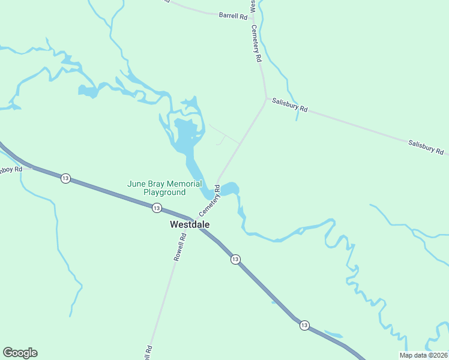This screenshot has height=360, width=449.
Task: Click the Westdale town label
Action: coord(190,224)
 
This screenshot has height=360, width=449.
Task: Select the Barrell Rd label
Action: coord(233,17)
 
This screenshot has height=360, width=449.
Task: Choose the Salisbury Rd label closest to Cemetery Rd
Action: coord(289,105)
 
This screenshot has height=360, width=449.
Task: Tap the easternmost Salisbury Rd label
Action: coord(426,147)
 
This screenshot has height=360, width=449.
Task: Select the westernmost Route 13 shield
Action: coord(65,178)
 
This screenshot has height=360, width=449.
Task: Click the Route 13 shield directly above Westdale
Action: coord(156,208)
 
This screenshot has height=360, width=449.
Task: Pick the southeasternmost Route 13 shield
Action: coord(304,325)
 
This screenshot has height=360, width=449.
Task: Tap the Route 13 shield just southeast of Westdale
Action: coord(235,259)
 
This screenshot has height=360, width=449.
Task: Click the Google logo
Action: coord(20,353)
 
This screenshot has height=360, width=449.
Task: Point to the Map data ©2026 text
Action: coord(423,355)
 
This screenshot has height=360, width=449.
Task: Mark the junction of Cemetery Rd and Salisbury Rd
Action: coord(266,98)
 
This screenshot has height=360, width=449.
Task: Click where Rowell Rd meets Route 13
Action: coord(189,218)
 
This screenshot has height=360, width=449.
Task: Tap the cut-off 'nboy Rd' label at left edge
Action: coord(11,169)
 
